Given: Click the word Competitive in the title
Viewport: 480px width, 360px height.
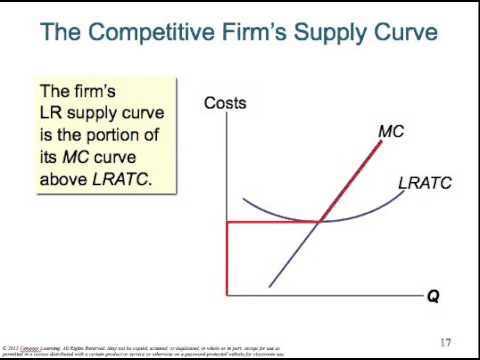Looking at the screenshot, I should [145, 33].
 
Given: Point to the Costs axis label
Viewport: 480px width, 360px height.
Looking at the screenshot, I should [225, 103].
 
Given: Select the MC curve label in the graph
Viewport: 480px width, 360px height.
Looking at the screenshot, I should [391, 131].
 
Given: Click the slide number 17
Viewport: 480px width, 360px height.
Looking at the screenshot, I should [446, 342].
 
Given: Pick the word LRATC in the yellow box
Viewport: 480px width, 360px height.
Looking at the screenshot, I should [143, 181].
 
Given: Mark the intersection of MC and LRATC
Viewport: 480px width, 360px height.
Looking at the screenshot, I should [319, 221].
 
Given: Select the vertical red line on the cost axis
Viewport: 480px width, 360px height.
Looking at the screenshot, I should [228, 258].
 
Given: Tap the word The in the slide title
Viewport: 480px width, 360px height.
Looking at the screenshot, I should [61, 33].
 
